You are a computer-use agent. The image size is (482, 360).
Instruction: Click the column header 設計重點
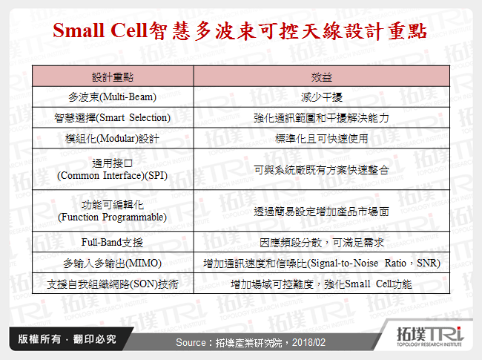[x=113, y=77]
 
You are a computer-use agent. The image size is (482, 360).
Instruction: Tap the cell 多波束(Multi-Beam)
[x=113, y=97]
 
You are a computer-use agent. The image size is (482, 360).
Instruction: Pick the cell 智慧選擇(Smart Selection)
[x=113, y=117]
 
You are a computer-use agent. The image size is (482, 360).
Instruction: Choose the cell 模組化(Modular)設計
[x=113, y=138]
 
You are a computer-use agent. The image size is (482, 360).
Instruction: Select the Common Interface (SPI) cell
[x=113, y=169]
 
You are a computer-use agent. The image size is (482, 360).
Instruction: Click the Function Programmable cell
[x=113, y=211]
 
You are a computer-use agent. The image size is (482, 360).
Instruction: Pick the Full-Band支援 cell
[x=113, y=242]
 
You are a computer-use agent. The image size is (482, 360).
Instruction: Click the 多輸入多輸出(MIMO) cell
[x=113, y=263]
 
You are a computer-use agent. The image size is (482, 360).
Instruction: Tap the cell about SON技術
[x=113, y=284]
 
